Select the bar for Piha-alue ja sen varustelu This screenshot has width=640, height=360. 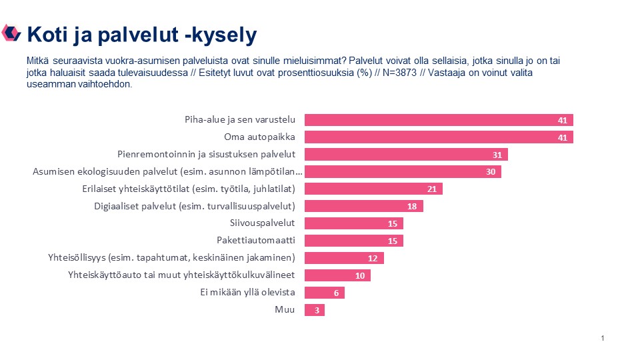click(439, 120)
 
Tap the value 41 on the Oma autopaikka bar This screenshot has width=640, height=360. click(563, 137)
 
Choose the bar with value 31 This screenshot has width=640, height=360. click(405, 155)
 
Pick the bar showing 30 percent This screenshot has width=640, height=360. click(402, 172)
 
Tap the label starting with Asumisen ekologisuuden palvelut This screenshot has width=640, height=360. click(168, 172)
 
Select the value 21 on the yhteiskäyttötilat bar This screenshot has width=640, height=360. click(431, 189)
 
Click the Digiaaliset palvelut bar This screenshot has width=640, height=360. click(363, 206)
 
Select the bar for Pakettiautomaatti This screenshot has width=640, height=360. click(353, 241)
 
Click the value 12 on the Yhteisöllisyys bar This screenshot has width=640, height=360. click(373, 258)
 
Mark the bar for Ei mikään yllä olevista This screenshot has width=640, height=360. click(324, 293)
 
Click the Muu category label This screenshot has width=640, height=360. click(285, 310)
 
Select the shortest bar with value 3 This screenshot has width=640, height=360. click(314, 310)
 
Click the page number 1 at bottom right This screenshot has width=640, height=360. click(603, 339)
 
